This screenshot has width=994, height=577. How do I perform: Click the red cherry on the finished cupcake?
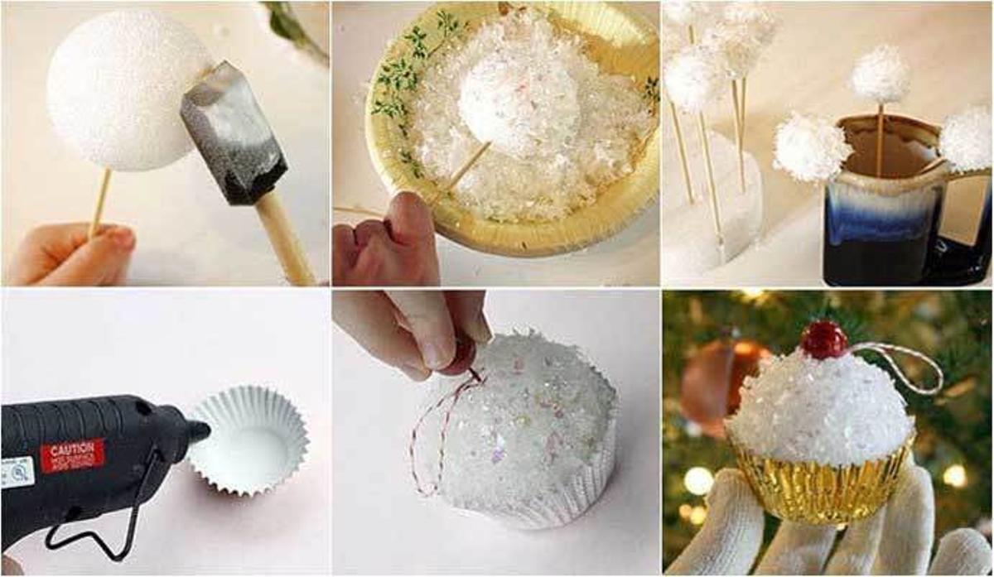pos(824,339)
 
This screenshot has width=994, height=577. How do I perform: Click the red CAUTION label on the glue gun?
pos(72,454)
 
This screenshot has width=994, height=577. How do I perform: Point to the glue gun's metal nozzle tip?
pos(199,430)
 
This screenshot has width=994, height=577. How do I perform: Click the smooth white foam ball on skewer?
pos(124,91)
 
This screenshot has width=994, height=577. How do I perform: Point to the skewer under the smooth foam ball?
pos(100,202)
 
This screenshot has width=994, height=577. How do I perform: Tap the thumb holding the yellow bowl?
pos(414,224)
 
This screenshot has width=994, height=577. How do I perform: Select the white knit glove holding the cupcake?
pos(828,538)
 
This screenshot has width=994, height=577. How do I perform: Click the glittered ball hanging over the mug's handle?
pos(966,137)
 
